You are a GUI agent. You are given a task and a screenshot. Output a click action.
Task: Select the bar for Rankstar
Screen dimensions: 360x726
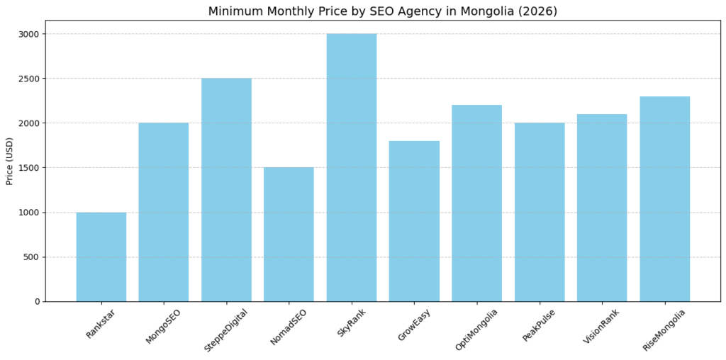tap(101, 257)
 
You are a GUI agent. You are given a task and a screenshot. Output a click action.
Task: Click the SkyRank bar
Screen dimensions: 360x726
tap(352, 167)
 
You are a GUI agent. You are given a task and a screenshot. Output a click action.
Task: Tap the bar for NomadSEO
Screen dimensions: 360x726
tap(289, 234)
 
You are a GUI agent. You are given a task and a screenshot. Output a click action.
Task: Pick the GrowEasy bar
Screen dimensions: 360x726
tap(414, 221)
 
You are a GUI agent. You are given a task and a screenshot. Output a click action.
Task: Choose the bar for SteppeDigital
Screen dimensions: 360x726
tap(226, 189)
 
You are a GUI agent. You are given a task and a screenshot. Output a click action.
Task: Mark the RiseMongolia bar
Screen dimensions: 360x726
tap(664, 198)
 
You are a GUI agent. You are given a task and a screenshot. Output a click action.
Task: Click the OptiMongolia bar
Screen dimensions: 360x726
tap(476, 203)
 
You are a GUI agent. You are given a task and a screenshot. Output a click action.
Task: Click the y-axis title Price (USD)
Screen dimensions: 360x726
tap(10, 161)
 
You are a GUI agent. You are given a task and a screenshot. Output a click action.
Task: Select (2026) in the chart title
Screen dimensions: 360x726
tap(540, 11)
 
